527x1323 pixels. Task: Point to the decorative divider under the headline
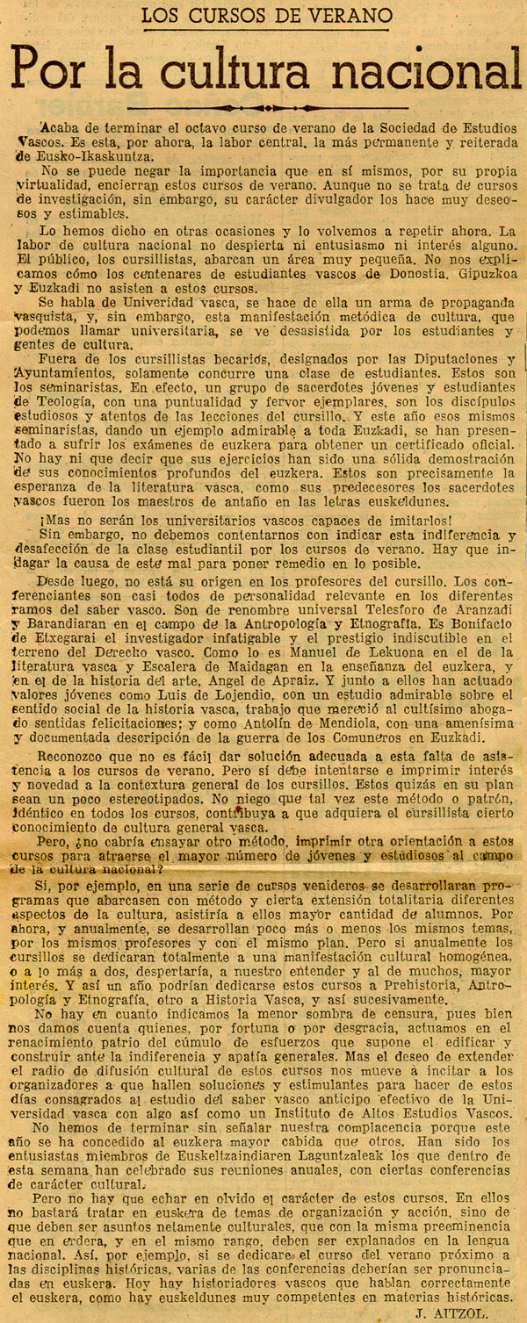pyautogui.click(x=263, y=108)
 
